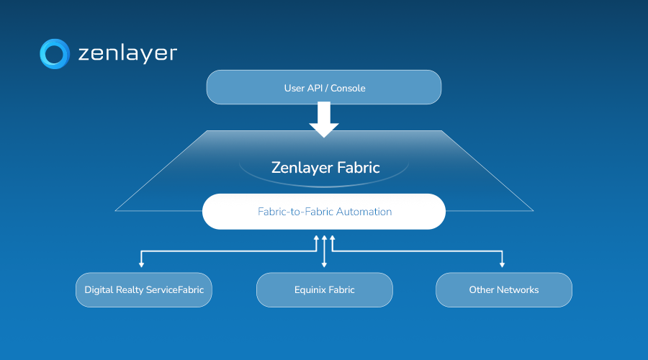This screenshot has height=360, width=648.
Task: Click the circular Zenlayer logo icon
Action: [54, 54]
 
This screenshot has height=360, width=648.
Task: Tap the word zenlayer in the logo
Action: [127, 54]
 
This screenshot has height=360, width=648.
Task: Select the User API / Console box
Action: [324, 88]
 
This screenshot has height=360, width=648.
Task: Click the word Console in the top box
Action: [348, 89]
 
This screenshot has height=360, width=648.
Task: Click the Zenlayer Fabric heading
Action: [325, 168]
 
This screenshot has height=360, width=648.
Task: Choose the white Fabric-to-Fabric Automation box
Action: [324, 212]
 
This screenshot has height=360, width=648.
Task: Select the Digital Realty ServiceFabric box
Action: [144, 290]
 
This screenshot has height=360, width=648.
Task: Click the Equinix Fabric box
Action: [325, 290]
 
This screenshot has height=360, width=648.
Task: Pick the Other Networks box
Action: [504, 290]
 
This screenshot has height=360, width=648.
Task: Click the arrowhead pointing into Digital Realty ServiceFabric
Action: [141, 265]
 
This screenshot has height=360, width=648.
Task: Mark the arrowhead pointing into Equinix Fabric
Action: [325, 265]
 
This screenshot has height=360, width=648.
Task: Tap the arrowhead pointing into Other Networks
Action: [502, 265]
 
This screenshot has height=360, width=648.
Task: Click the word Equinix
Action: [310, 290]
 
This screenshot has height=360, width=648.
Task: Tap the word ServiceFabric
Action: [176, 290]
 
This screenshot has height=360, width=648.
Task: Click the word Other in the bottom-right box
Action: [481, 290]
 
